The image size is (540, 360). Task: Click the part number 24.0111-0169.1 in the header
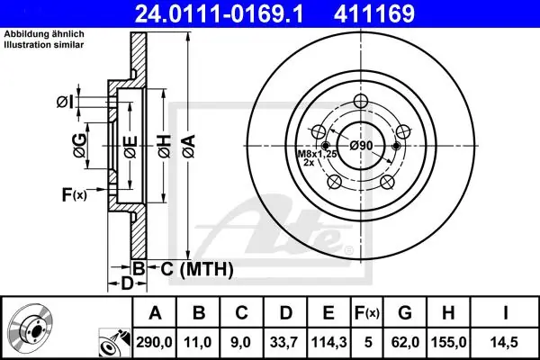click(x=220, y=13)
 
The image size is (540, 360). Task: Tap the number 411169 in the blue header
click(x=374, y=13)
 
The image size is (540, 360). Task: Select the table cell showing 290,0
click(x=154, y=342)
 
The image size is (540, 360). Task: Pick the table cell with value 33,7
click(x=284, y=342)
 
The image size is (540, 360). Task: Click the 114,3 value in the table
click(x=328, y=342)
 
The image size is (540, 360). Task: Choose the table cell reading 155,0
click(x=448, y=342)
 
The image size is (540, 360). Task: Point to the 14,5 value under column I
click(x=505, y=342)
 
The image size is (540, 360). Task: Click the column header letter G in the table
click(x=405, y=313)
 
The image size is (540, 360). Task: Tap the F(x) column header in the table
click(x=367, y=313)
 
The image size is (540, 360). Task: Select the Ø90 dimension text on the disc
click(x=361, y=146)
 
